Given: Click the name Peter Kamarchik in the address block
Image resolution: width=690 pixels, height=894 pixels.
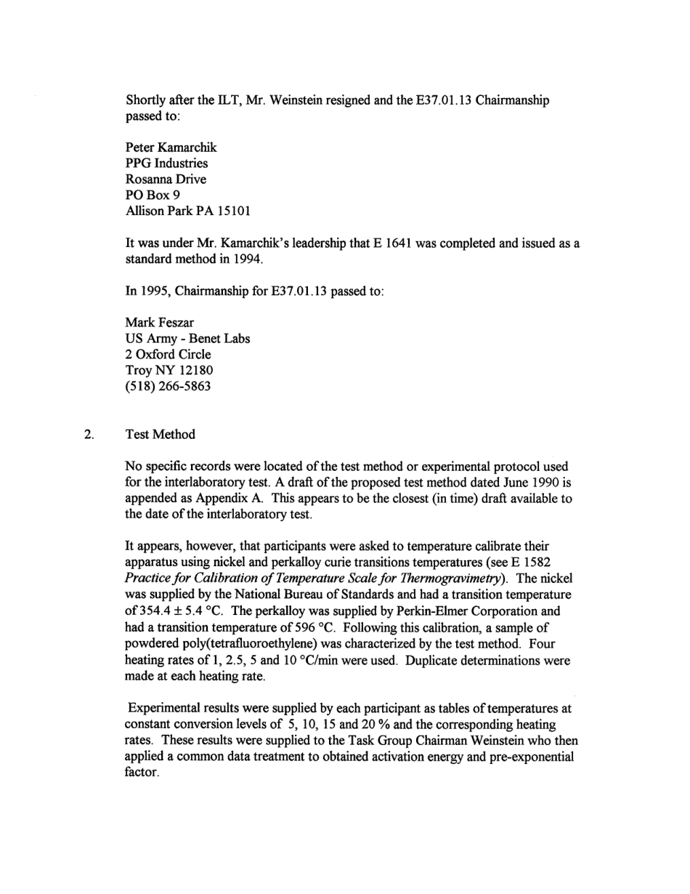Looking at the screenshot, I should coord(171,148).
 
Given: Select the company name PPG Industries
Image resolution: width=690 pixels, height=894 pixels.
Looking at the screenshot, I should coord(166,164).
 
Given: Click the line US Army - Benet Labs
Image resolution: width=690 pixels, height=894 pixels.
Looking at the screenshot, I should coord(187,339).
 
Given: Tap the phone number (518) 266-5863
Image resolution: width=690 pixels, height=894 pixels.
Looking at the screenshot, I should coord(168,387).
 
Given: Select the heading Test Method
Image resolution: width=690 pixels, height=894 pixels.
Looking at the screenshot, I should coord(161,435).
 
